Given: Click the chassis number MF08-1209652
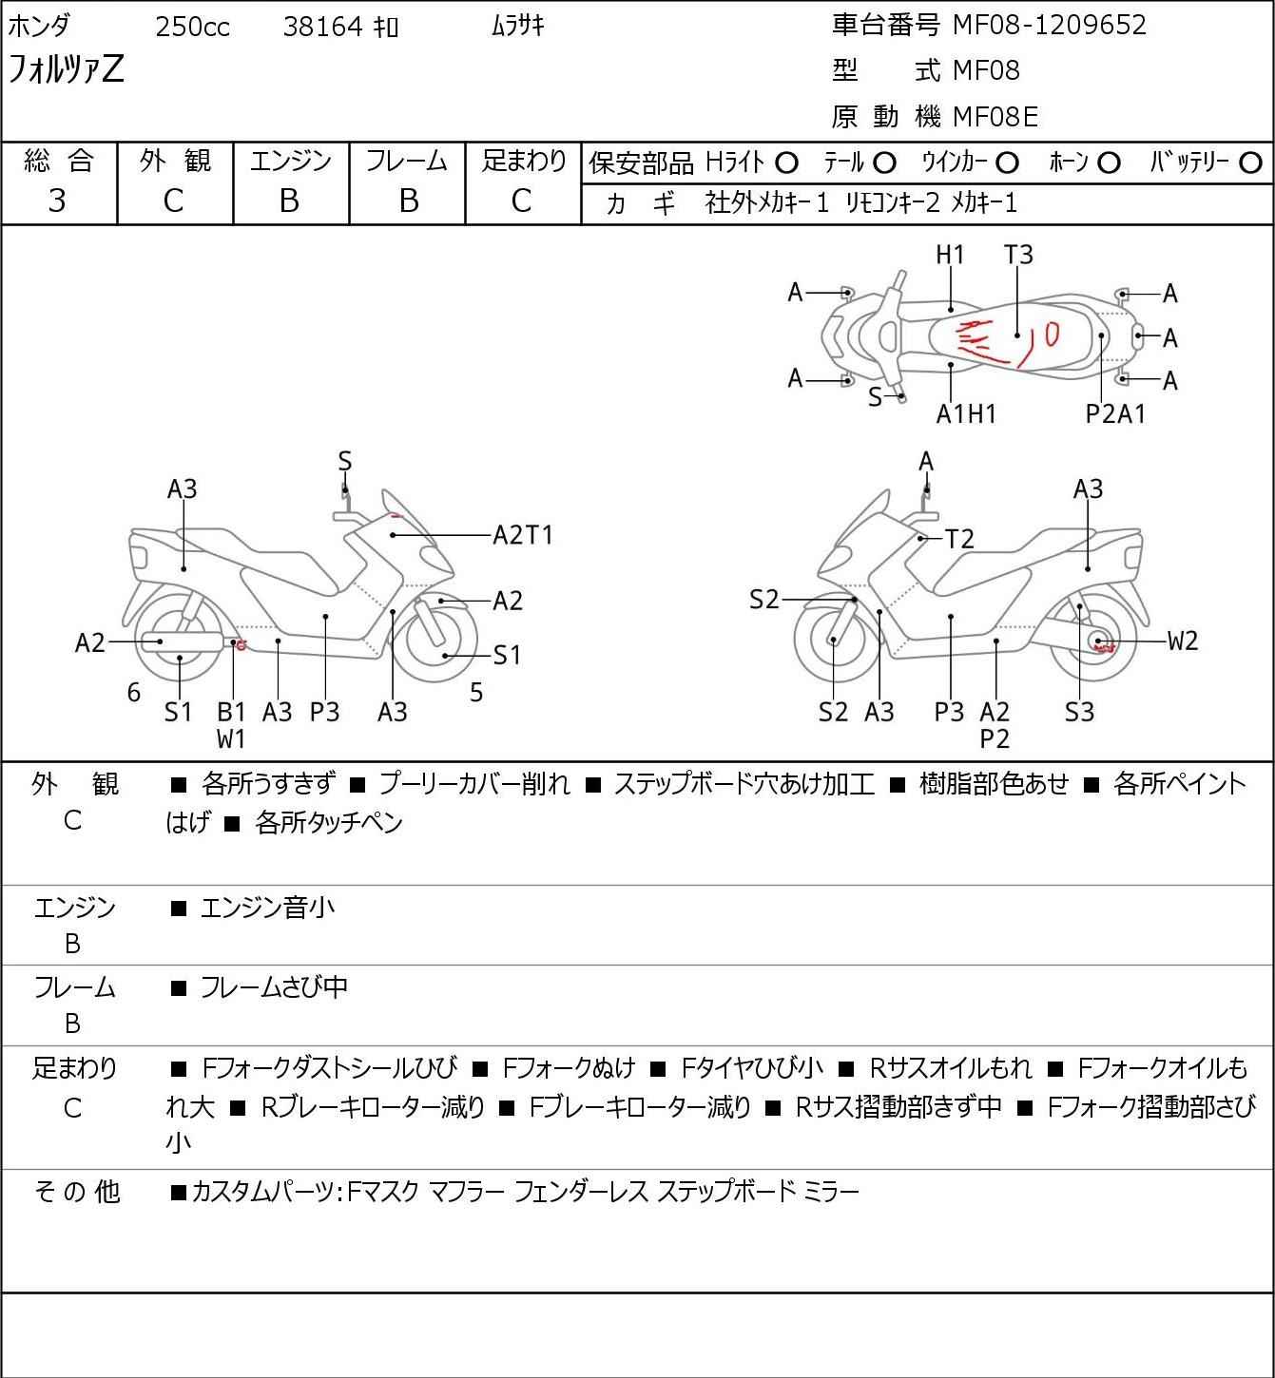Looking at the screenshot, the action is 1049,25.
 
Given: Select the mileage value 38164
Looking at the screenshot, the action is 322,27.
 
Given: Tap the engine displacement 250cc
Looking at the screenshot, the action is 192,27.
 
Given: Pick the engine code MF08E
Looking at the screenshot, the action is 995,117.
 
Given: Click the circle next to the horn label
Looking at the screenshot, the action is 1109,163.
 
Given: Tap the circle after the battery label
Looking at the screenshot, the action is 1250,163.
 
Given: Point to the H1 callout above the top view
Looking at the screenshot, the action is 949,255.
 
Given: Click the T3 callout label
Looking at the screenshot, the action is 1018,255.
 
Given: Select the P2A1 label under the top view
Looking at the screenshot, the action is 1115,413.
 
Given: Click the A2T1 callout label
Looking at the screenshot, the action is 523,535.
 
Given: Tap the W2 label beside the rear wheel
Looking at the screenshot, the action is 1183,641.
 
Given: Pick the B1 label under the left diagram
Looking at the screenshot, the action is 231,712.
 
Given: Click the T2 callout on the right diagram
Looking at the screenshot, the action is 959,539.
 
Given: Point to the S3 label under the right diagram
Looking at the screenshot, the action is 1079,712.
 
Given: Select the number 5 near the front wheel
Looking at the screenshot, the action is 476,692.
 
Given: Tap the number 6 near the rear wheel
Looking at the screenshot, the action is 134,692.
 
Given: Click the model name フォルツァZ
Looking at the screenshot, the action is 66,69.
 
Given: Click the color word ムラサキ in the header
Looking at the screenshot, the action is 518,26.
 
